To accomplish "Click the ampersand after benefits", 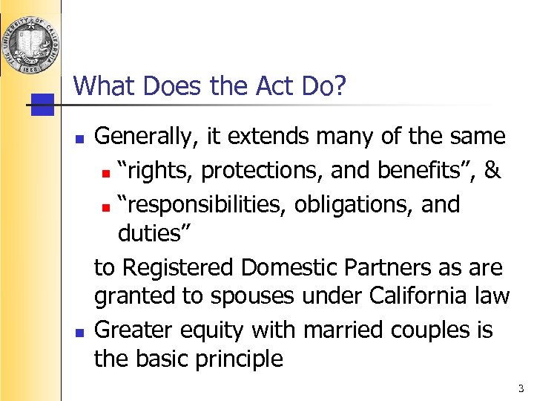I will [491, 171].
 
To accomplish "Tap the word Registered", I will [188, 267].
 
